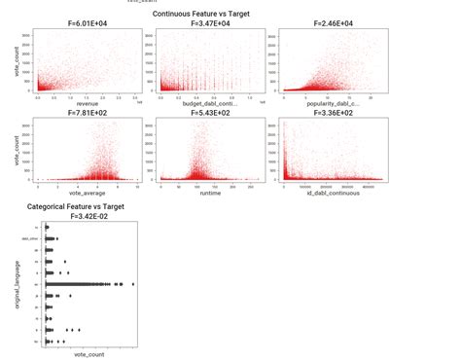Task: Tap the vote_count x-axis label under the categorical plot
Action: pos(89,354)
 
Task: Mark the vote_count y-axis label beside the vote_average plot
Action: pos(19,151)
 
